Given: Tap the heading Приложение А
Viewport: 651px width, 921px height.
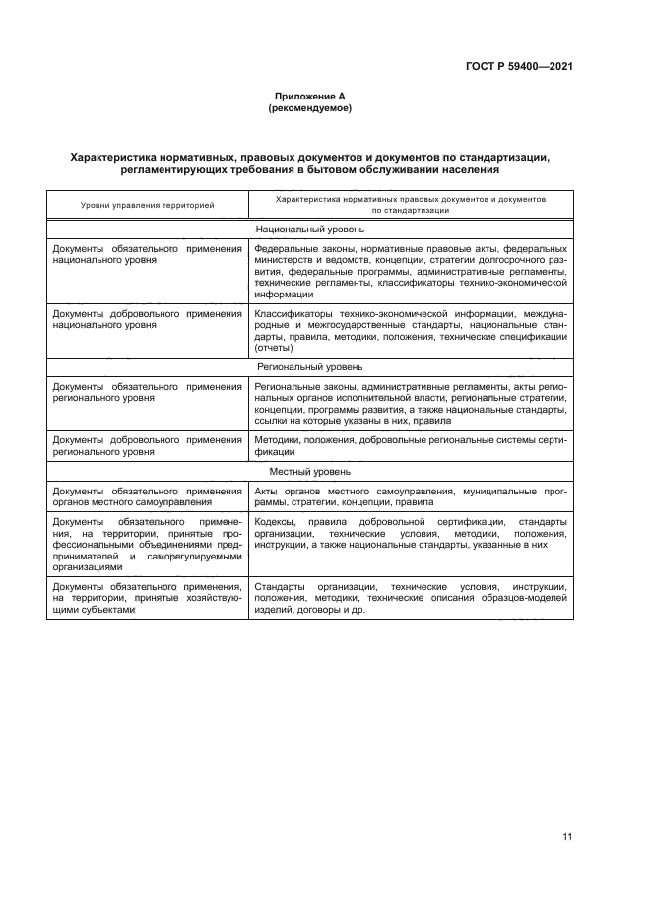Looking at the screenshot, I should click(309, 96).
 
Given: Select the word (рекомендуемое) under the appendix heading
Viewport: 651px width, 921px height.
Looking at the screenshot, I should click(309, 107).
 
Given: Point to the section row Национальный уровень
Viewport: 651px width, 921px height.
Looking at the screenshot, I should click(309, 229).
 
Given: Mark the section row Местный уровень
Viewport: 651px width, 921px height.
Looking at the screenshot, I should click(309, 472).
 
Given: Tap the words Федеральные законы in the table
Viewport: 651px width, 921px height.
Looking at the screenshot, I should click(293, 249).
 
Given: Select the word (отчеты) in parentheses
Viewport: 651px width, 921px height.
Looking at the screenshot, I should click(272, 348).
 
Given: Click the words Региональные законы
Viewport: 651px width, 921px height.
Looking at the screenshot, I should click(296, 386).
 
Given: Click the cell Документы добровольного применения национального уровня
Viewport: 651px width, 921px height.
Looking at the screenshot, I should click(147, 319).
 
